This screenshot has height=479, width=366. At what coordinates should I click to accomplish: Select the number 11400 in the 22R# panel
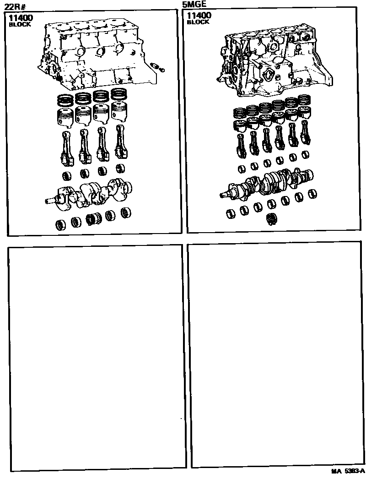[x=21, y=18]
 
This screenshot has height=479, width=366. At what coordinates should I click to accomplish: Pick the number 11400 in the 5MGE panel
[x=199, y=15]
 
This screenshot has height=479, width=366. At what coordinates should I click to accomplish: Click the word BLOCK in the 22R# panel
[x=20, y=24]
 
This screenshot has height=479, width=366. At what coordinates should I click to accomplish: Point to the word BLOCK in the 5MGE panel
[x=198, y=22]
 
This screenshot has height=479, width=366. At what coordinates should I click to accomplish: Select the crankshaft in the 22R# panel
[x=88, y=194]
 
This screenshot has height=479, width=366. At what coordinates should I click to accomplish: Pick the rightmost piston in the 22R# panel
[x=120, y=111]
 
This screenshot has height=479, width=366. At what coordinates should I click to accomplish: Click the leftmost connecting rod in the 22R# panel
[x=67, y=148]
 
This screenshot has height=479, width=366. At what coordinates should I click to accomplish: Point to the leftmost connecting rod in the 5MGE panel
[x=240, y=144]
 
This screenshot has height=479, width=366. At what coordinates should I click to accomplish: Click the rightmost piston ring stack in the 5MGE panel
[x=303, y=101]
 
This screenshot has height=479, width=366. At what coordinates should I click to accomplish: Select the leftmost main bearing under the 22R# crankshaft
[x=61, y=224]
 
